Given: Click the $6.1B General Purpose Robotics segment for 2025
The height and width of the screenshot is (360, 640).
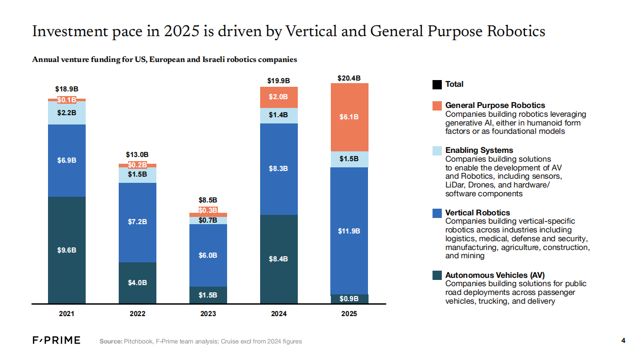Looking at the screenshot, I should pyautogui.click(x=349, y=117).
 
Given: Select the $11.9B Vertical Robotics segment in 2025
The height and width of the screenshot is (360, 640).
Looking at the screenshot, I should pyautogui.click(x=349, y=231).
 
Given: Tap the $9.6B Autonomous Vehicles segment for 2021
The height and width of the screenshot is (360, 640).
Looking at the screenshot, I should pyautogui.click(x=67, y=250).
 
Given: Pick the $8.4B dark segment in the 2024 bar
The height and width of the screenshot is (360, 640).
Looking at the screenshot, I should pyautogui.click(x=279, y=259).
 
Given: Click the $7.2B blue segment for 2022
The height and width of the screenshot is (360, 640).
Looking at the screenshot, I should pyautogui.click(x=137, y=222).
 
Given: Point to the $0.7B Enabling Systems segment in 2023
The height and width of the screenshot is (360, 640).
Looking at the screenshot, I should pyautogui.click(x=208, y=221).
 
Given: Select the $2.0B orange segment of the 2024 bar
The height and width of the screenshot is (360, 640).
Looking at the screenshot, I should pyautogui.click(x=279, y=97).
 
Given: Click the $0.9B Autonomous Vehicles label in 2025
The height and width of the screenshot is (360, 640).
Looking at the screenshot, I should pyautogui.click(x=349, y=299).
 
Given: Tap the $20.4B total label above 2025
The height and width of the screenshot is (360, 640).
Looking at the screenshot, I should pyautogui.click(x=349, y=78).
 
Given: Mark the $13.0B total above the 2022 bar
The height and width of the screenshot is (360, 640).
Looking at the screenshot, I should pyautogui.click(x=137, y=154).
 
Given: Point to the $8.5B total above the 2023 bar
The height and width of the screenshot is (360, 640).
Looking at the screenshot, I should pyautogui.click(x=208, y=200).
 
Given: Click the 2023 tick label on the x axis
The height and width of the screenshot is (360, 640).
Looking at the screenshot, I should pyautogui.click(x=208, y=314).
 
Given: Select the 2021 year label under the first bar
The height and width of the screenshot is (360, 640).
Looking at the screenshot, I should pyautogui.click(x=67, y=314).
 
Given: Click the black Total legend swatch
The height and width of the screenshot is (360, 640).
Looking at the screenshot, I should pyautogui.click(x=437, y=84).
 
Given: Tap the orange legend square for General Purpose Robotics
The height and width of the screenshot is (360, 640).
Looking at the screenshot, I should pyautogui.click(x=437, y=105).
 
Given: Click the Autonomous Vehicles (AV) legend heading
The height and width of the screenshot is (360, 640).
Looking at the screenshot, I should pyautogui.click(x=494, y=275).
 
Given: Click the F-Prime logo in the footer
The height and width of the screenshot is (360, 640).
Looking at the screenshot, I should pyautogui.click(x=56, y=340).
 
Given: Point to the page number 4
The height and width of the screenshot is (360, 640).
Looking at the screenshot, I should pyautogui.click(x=623, y=340).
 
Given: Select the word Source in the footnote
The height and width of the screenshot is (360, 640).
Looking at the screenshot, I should pyautogui.click(x=110, y=341).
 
